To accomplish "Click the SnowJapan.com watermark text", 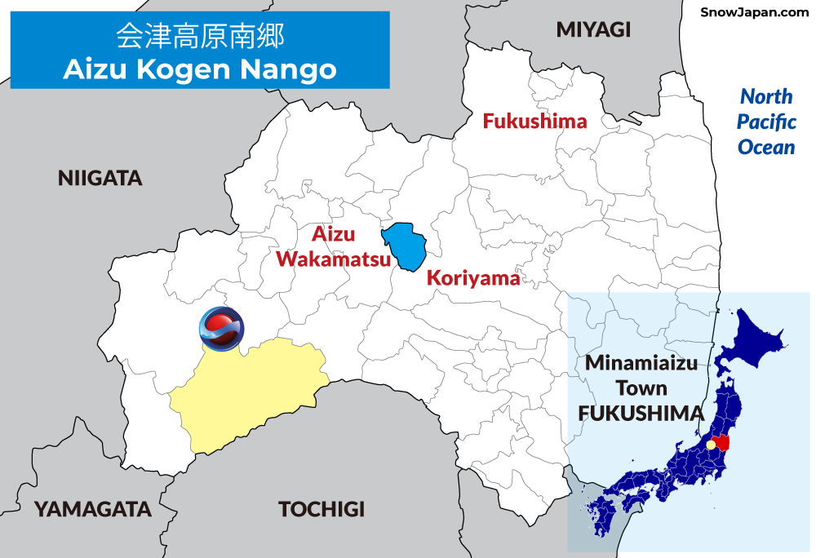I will click(754, 12).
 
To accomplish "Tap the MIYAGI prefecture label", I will click(593, 30).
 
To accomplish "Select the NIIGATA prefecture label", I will click(100, 179).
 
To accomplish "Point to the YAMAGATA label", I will click(92, 509).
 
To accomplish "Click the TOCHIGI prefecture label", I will click(322, 509).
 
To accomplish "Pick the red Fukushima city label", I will click(534, 122).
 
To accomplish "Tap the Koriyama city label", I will click(473, 278).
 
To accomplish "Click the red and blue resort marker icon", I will click(221, 329).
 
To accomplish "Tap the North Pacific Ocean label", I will click(766, 122).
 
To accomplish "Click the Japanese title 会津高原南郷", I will click(200, 37).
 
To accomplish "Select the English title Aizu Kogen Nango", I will click(200, 69).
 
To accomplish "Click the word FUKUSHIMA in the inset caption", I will click(641, 413).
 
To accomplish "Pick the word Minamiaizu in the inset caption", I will click(641, 364).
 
